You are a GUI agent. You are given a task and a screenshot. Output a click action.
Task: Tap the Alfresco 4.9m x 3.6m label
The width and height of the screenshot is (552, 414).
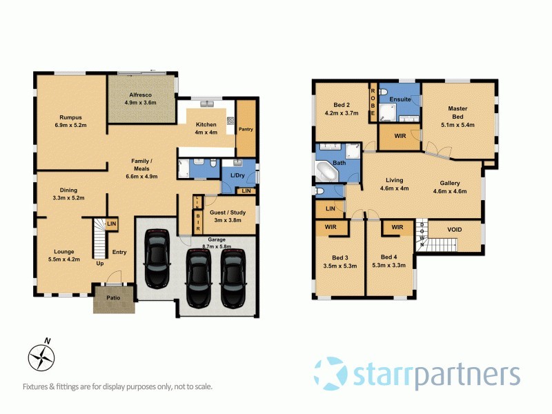[x=141, y=98]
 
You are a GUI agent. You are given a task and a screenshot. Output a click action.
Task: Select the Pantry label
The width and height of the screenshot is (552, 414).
[x=246, y=128]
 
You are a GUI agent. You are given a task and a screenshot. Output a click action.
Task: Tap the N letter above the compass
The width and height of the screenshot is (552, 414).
[x=47, y=340]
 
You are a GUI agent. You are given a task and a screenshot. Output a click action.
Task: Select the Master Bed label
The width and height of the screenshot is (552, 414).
[x=457, y=112]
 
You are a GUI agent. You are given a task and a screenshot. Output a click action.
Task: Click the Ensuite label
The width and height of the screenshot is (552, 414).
[x=400, y=100]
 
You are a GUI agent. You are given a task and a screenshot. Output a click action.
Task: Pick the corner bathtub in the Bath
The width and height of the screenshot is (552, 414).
[x=329, y=170]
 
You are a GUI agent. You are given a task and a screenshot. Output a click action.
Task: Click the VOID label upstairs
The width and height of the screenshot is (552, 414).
[x=454, y=230]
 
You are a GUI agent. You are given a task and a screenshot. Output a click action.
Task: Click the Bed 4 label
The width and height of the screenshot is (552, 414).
[x=389, y=261]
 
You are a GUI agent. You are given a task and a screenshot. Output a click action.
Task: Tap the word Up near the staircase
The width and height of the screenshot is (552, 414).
[x=100, y=264]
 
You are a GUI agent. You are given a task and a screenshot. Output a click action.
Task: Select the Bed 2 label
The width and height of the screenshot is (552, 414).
[x=341, y=109]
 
